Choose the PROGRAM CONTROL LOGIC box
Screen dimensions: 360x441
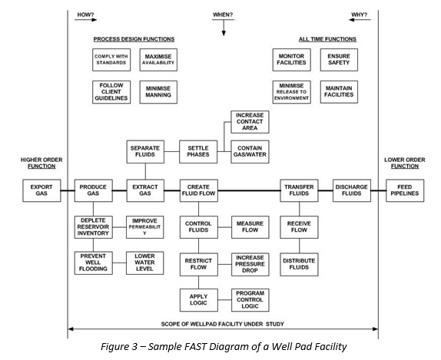(x=250, y=299)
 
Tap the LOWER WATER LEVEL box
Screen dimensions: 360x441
(x=144, y=263)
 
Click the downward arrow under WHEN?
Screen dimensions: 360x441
(x=223, y=28)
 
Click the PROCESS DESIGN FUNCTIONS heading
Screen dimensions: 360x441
(x=134, y=39)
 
